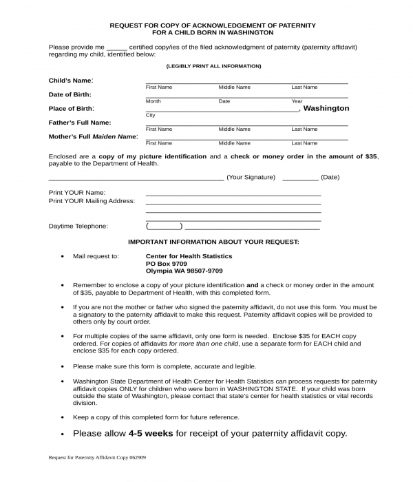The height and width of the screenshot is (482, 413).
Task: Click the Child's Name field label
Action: (x=70, y=81)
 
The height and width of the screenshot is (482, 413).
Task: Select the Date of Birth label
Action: (x=70, y=94)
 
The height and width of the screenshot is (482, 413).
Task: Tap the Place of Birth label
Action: (x=71, y=108)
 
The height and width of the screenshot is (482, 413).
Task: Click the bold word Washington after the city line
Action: (x=326, y=108)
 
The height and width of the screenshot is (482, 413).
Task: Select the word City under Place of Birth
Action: (x=151, y=115)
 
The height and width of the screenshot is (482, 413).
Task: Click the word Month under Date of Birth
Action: (x=153, y=101)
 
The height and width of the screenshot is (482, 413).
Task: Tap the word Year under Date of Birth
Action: (x=297, y=101)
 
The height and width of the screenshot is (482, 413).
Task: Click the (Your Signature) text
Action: (x=251, y=177)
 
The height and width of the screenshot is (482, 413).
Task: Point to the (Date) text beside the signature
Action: (x=330, y=177)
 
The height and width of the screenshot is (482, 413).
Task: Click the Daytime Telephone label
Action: (x=78, y=226)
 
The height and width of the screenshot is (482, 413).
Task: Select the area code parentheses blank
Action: (x=164, y=226)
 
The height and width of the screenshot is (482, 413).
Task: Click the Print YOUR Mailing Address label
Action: (x=92, y=201)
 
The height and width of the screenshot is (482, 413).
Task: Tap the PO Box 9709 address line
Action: (x=167, y=264)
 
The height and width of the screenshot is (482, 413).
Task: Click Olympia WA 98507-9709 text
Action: (x=184, y=271)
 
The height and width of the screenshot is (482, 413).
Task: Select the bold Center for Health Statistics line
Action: (x=189, y=256)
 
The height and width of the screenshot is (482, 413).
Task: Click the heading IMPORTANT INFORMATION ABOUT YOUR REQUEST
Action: (x=213, y=242)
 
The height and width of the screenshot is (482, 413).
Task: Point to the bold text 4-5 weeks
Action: (x=151, y=434)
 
